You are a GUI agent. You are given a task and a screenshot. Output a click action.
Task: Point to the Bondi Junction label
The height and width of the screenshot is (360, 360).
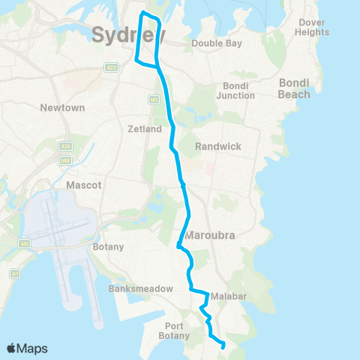point(235,91)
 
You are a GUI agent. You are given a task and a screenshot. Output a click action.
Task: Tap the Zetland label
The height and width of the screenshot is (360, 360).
point(145,129)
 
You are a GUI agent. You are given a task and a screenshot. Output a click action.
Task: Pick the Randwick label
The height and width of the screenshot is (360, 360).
point(218,146)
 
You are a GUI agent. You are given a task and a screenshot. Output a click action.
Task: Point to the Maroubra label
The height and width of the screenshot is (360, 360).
point(211,235)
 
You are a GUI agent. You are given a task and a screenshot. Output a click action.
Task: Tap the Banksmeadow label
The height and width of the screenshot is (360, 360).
point(141,289)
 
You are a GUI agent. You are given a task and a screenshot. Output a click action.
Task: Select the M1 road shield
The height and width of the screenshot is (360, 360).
point(153,99)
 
